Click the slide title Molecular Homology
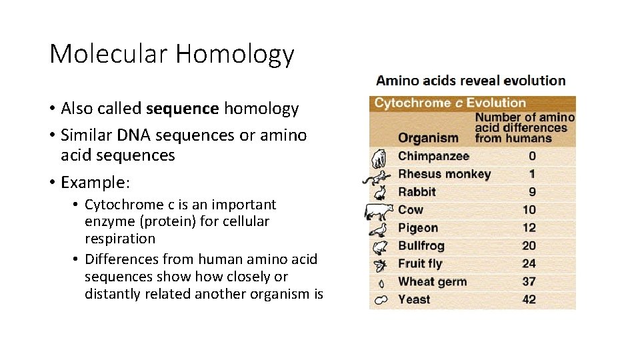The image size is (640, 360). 171,53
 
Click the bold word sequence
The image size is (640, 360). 183,108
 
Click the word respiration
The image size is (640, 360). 119,239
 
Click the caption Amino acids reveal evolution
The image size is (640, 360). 471,81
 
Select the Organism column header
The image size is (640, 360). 428,138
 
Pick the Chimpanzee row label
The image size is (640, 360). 433,156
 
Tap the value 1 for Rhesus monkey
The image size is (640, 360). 531,174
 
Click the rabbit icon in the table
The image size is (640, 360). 379,192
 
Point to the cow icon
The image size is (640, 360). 379,211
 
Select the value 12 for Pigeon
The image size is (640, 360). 529,228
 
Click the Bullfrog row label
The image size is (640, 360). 421,246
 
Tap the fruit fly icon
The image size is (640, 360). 379,264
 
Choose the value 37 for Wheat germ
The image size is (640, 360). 529,282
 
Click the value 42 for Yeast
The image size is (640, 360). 529,299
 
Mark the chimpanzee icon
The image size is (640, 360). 379,157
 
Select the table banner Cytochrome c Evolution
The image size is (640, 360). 450,103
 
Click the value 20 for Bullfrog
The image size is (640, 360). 529,246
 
